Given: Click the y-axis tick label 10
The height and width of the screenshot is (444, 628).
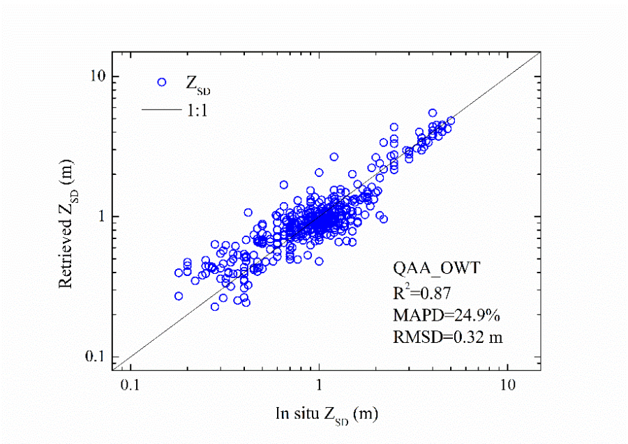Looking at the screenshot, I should [96, 76].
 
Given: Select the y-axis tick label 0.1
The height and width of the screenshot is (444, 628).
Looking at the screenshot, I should [94, 357].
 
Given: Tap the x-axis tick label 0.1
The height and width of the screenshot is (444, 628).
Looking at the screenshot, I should [129, 385].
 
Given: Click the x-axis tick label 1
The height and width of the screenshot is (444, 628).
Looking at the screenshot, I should [319, 385].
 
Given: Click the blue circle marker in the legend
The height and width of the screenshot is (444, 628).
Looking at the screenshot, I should [162, 82].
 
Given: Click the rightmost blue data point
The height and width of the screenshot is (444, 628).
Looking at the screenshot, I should [451, 121].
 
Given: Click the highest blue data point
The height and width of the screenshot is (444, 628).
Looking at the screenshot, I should [433, 112].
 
